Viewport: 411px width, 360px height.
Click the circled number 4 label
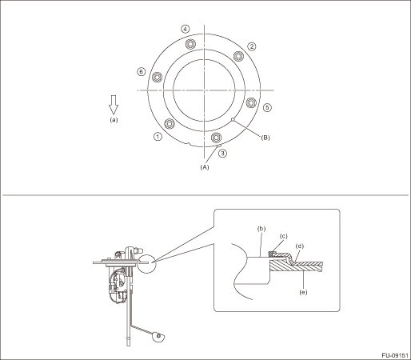[x=186, y=29]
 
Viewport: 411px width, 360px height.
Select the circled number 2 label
[x=252, y=46]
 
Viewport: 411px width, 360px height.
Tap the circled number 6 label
[x=142, y=72]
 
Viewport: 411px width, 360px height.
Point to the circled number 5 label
[x=267, y=107]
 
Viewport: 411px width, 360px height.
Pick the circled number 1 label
[x=158, y=137]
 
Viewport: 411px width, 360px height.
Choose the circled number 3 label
[x=222, y=154]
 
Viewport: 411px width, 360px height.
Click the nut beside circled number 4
[x=190, y=44]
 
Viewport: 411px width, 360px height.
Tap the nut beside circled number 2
[x=238, y=56]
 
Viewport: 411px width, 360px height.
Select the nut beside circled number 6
[x=157, y=78]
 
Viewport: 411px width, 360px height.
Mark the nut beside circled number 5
[x=251, y=102]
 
